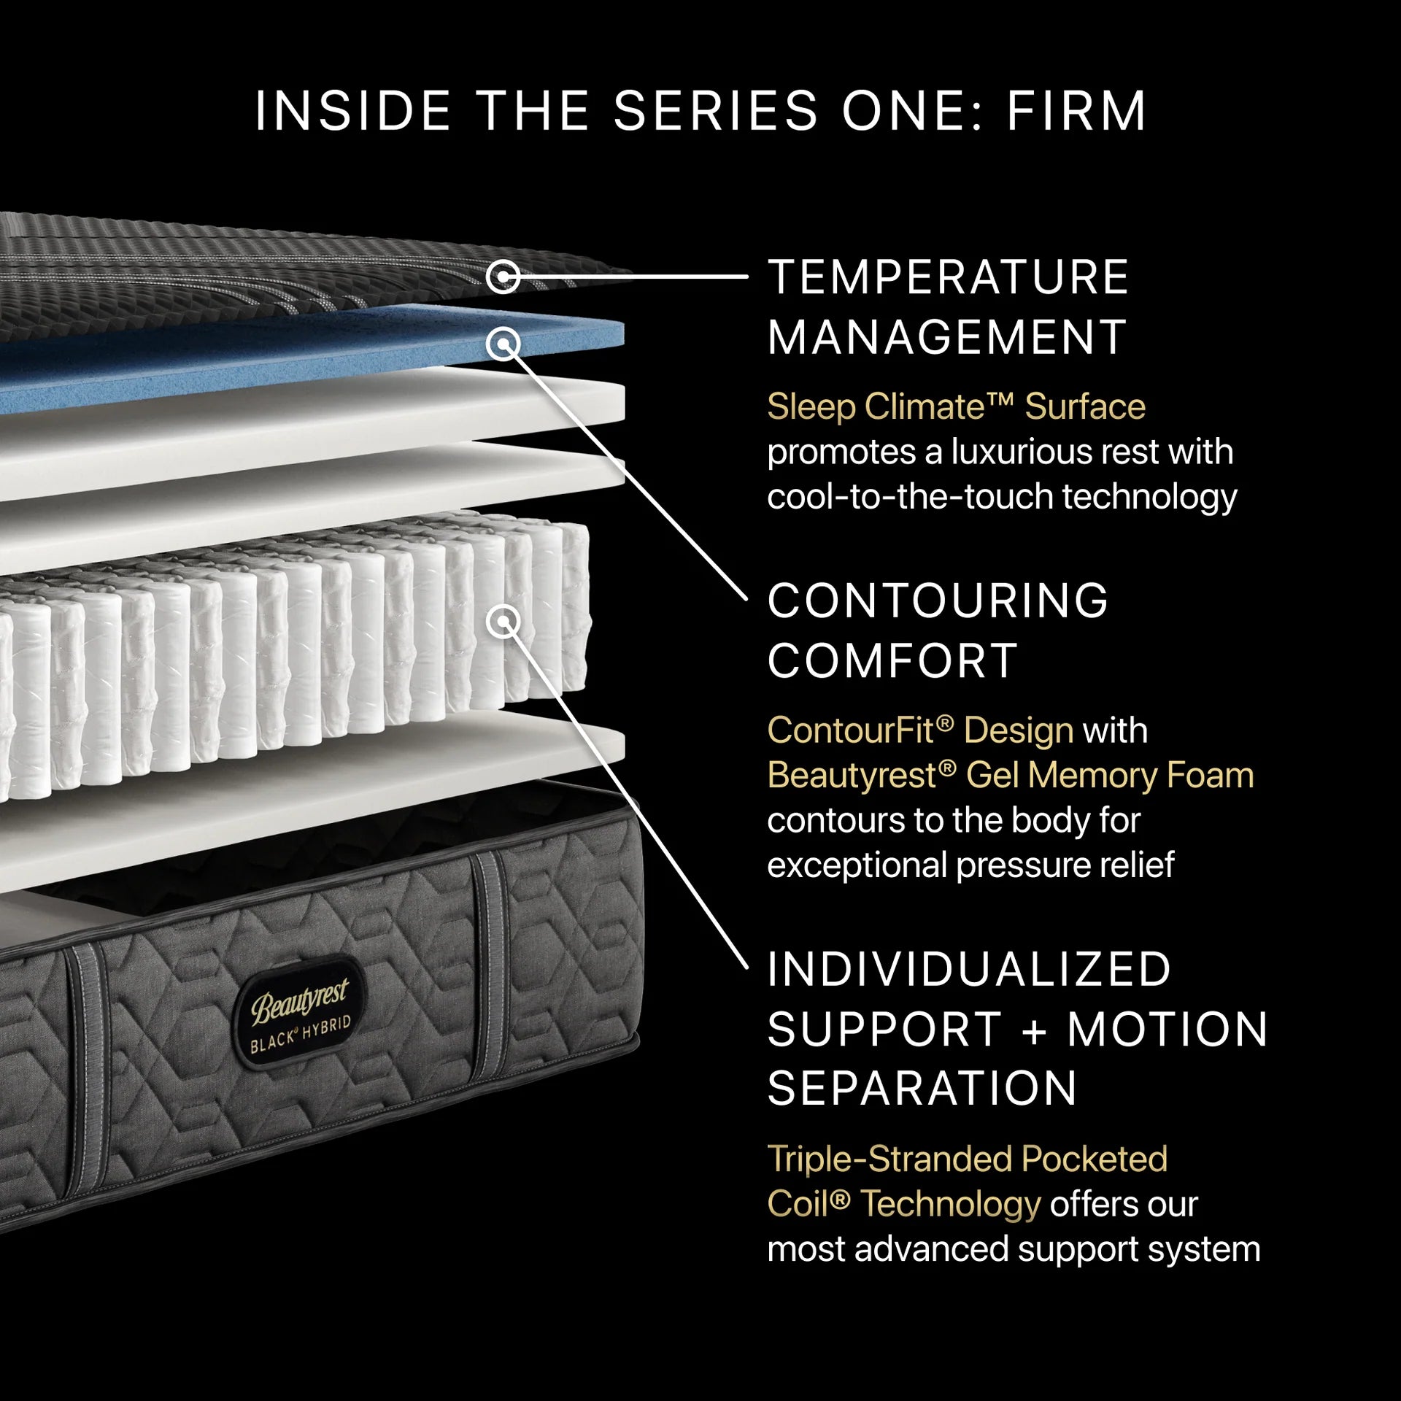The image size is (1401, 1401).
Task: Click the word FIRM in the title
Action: coord(1076,111)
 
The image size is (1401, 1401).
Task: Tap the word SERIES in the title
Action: coord(716,111)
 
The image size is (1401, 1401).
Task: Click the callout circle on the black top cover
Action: coord(503,277)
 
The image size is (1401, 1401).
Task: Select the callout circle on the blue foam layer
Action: coord(503,343)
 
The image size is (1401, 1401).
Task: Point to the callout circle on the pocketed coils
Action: coord(503,622)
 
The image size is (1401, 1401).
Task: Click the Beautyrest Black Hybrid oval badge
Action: coord(301,1012)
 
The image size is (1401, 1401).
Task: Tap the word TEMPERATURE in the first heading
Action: coord(949,277)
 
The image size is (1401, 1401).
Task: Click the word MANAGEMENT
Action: coord(947,337)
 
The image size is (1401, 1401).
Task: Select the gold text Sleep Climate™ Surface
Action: coord(956,406)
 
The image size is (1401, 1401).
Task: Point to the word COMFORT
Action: coord(892,660)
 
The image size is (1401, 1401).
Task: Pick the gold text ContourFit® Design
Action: coord(920,730)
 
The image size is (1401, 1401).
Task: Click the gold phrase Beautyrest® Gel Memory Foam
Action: coord(1011,775)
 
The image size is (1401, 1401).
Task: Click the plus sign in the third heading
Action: coord(1035,1030)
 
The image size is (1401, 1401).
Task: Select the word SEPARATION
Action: coord(922,1089)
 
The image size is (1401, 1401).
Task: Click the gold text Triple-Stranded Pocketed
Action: coord(968,1159)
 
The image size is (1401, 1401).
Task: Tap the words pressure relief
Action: coord(1065,865)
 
